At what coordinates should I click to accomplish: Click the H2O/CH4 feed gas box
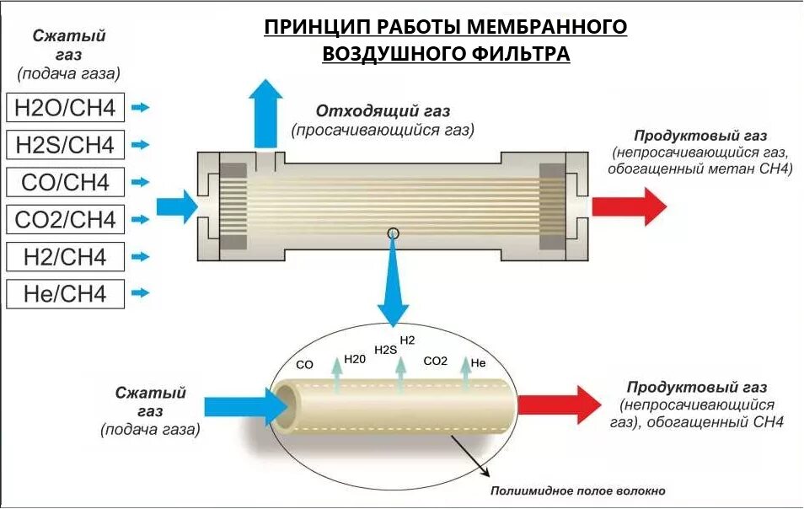click(65, 107)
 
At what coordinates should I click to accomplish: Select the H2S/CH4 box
click(65, 144)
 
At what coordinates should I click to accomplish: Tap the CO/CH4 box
click(65, 182)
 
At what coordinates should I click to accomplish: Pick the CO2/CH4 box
click(65, 219)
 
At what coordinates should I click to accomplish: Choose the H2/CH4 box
click(65, 256)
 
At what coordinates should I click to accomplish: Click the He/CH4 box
click(65, 293)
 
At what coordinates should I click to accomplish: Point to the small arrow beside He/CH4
click(142, 293)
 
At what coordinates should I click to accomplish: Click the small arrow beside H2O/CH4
click(142, 107)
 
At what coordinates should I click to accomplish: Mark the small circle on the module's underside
click(393, 233)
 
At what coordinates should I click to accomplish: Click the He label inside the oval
click(478, 362)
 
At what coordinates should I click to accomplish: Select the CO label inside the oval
click(305, 365)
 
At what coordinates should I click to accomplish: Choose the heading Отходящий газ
click(383, 111)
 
